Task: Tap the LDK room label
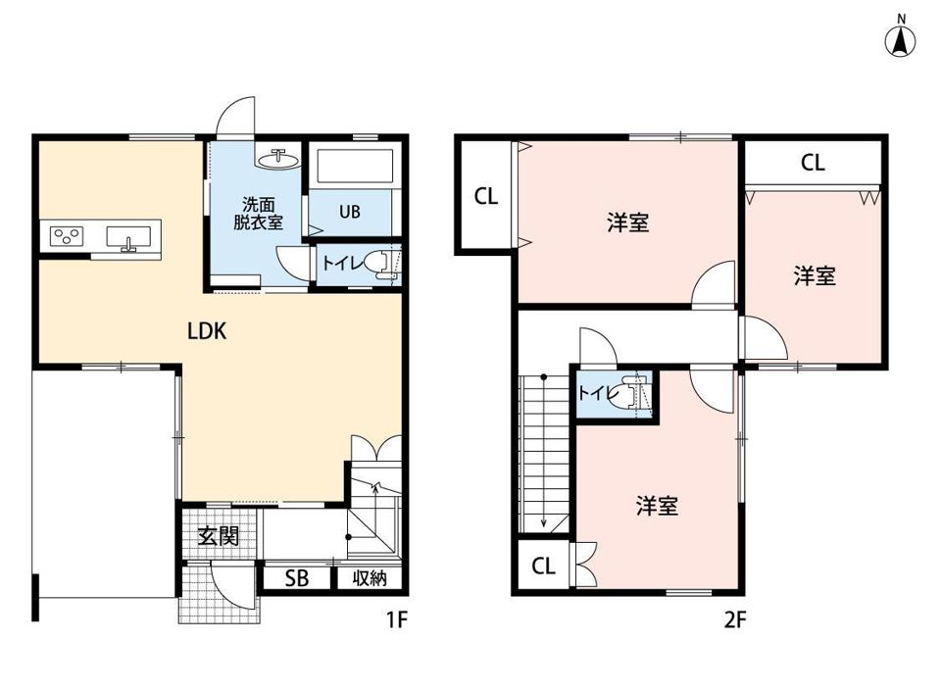(207, 331)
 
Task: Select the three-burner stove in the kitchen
(66, 236)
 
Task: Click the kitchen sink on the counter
(128, 237)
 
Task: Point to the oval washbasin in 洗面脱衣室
(277, 159)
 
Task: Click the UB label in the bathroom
(350, 212)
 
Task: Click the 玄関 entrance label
(219, 536)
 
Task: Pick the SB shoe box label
(296, 578)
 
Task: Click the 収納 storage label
(370, 578)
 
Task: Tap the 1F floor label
(397, 619)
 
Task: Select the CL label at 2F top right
(813, 163)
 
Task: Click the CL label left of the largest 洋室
(486, 196)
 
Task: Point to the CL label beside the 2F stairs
(544, 566)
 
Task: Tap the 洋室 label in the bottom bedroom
(657, 506)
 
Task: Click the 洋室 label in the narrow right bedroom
(815, 276)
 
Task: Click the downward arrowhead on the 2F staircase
(544, 522)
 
